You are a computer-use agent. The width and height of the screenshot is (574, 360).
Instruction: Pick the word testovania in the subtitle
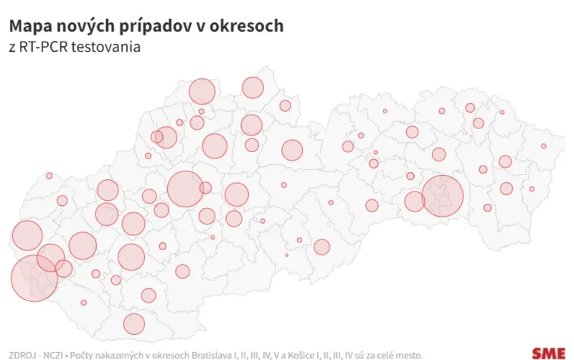[110, 47]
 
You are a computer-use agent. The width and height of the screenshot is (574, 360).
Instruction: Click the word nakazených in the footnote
[124, 354]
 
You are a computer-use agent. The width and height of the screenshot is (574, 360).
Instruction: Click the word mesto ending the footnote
[443, 354]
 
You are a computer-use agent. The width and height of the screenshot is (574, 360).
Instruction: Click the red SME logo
[547, 353]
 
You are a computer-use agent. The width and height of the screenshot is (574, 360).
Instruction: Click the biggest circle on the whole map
[34, 278]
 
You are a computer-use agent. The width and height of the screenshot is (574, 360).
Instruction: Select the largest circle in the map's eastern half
[443, 196]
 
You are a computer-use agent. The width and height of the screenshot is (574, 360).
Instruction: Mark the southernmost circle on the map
[134, 324]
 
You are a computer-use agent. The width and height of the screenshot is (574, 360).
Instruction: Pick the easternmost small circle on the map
[544, 146]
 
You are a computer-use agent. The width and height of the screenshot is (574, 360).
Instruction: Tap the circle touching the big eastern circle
[415, 202]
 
